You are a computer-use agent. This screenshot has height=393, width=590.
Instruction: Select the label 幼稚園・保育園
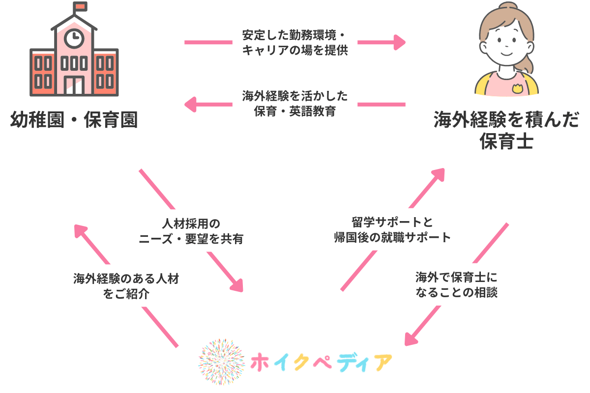coord(74,120)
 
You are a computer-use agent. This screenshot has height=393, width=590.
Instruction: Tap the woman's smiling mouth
coord(505,54)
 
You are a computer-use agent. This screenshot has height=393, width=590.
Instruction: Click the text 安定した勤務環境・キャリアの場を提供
coord(295,43)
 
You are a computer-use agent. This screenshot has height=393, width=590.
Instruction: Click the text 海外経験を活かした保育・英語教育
coord(295,103)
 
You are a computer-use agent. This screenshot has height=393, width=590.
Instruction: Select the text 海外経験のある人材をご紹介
coord(126,286)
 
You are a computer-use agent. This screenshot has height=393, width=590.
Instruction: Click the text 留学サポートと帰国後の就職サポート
coord(391,230)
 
